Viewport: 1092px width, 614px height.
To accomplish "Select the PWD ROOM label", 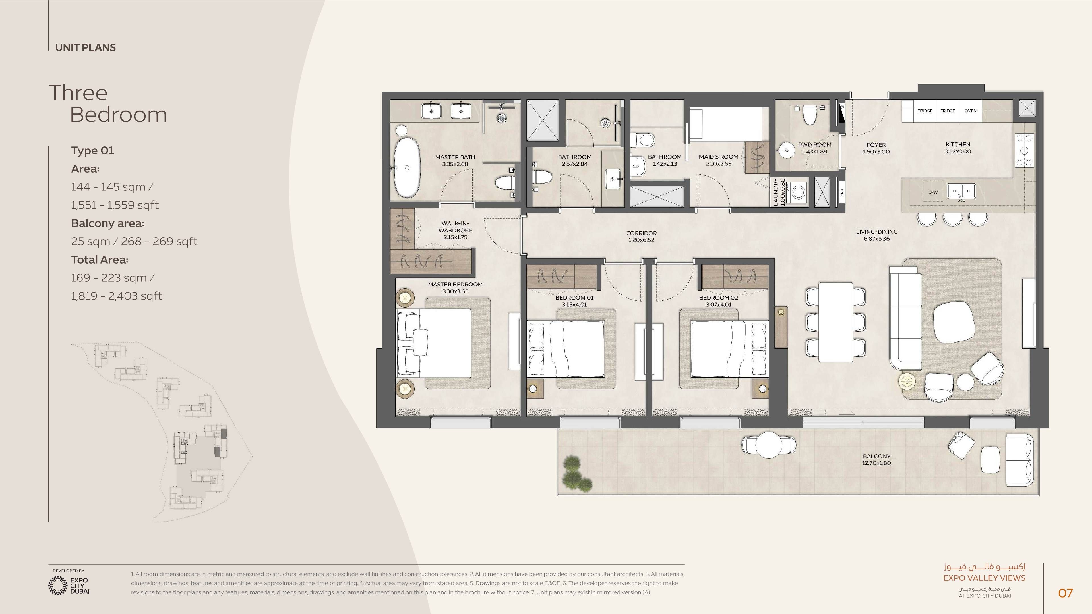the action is (815, 144).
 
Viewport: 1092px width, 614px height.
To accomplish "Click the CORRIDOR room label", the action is (641, 233).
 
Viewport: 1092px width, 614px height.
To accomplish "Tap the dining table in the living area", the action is (835, 322).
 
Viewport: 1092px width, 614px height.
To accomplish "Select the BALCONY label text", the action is (876, 456).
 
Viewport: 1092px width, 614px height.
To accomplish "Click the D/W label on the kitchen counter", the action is (933, 192).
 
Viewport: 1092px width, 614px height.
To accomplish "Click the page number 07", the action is (1065, 593).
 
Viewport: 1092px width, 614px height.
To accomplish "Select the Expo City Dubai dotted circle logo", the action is (58, 586).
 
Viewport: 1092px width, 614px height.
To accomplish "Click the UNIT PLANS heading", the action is (86, 47).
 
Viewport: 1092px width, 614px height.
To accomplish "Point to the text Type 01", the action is (92, 150).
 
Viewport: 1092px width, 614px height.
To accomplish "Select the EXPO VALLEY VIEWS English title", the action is (984, 578).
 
